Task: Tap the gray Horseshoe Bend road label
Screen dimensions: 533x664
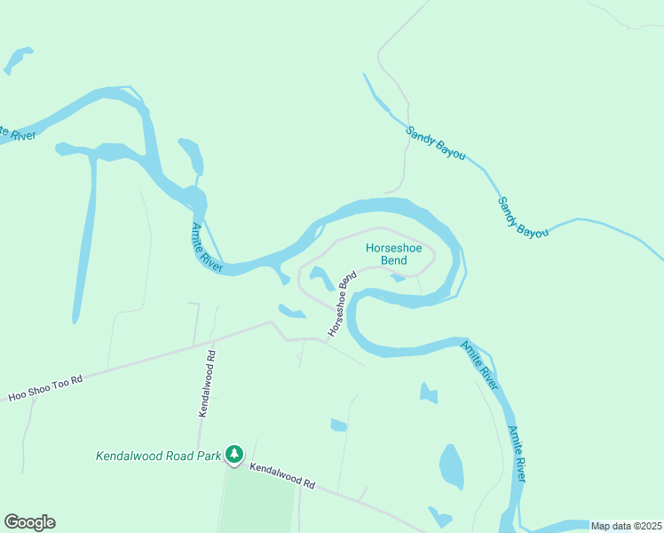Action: click(x=341, y=304)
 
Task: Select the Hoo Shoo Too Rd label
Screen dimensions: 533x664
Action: click(x=45, y=388)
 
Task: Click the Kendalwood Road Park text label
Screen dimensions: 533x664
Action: click(x=157, y=456)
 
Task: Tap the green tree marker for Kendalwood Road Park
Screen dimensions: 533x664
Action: click(x=233, y=455)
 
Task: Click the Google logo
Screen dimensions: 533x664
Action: click(x=29, y=522)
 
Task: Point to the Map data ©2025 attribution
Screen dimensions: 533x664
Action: click(x=626, y=526)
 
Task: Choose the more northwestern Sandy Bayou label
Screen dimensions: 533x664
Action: click(x=436, y=142)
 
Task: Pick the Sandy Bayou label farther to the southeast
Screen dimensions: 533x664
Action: click(x=522, y=216)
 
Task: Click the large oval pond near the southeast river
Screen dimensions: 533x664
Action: click(x=451, y=466)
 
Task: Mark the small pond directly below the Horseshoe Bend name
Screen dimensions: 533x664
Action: click(x=399, y=278)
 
